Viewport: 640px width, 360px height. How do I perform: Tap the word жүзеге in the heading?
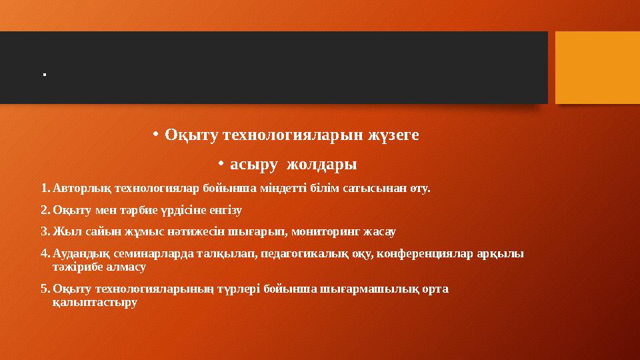[394, 135]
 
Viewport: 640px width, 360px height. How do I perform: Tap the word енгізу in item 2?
[227, 210]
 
